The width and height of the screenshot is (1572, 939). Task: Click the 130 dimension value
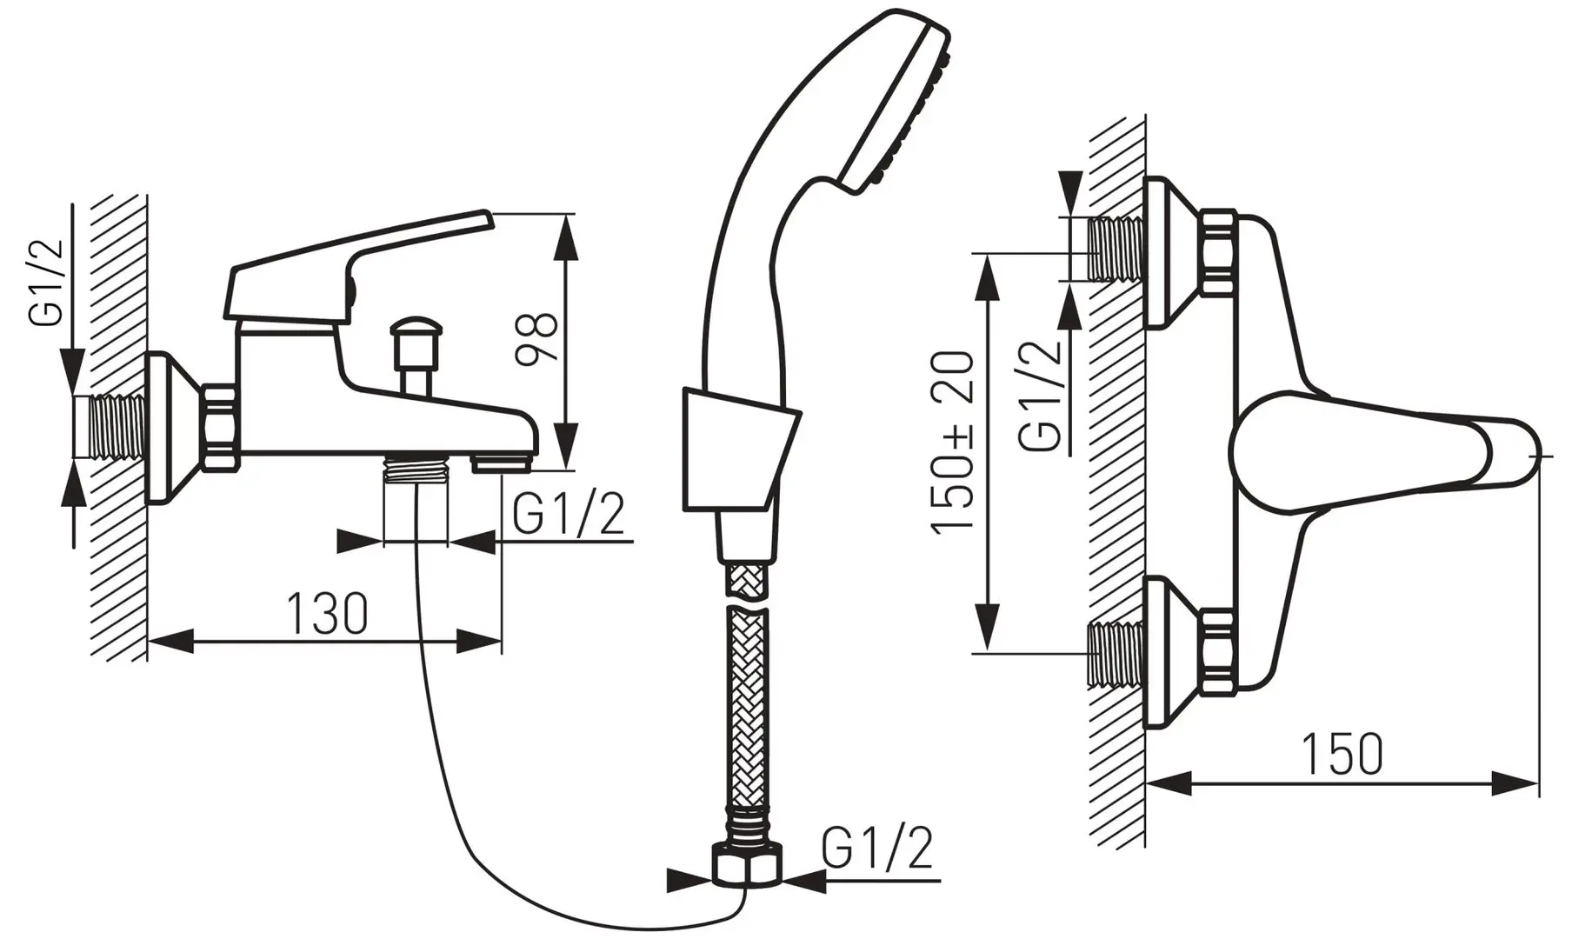pyautogui.click(x=328, y=614)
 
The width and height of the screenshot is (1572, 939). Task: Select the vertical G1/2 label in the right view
pyautogui.click(x=1042, y=394)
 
